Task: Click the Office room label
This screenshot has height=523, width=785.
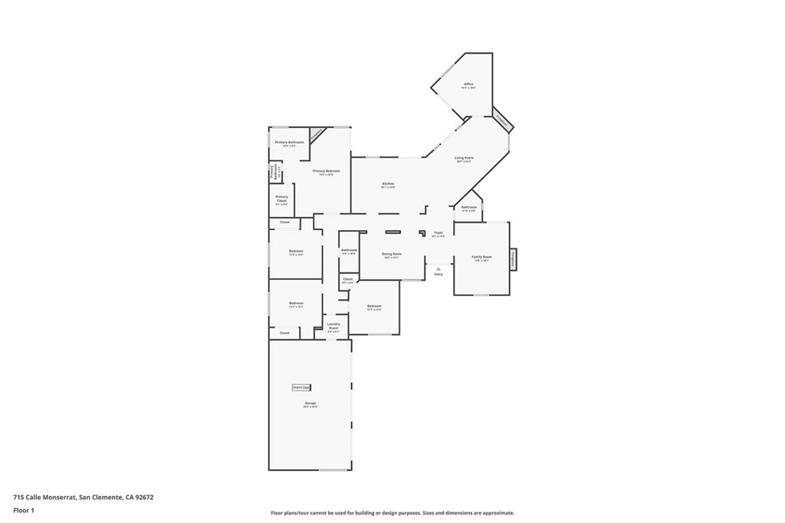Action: click(468, 84)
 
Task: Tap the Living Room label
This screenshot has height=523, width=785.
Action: click(464, 158)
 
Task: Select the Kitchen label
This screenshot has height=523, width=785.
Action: click(389, 184)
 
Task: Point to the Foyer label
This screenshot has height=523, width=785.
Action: click(438, 233)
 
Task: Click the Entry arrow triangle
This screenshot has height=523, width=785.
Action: click(438, 268)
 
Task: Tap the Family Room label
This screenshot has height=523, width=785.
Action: click(481, 258)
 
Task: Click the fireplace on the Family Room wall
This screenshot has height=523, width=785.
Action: click(513, 259)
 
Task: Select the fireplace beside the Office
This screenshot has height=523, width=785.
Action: click(501, 120)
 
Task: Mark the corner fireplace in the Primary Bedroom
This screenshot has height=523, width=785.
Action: click(317, 133)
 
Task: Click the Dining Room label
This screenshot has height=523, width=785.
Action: click(392, 255)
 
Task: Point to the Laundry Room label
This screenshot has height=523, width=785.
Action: click(333, 326)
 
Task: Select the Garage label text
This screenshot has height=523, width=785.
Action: click(310, 403)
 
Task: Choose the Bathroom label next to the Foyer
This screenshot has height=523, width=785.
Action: click(469, 208)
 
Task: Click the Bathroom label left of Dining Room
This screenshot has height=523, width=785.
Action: click(349, 250)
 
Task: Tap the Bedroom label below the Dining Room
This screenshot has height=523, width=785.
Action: click(374, 307)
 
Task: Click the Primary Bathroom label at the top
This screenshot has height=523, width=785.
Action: click(290, 143)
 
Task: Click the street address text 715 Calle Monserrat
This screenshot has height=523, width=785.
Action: click(84, 497)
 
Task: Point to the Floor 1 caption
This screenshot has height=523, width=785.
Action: click(25, 509)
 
